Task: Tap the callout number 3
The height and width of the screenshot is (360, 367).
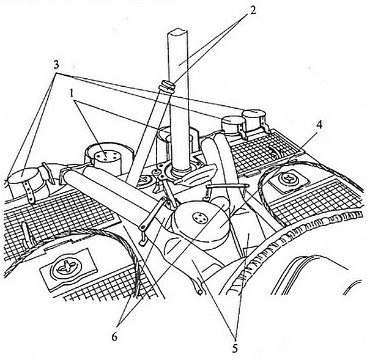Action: tap(56, 65)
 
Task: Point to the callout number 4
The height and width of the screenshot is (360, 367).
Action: tap(319, 125)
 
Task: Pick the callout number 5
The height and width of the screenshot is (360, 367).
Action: tap(235, 349)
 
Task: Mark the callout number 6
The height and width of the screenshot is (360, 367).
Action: tap(114, 337)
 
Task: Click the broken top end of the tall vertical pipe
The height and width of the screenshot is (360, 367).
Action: tap(177, 32)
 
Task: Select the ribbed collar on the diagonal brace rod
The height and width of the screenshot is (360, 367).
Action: tap(166, 86)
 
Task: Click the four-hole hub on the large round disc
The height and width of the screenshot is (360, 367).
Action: tap(199, 218)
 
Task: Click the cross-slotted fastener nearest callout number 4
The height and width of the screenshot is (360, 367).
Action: tap(287, 179)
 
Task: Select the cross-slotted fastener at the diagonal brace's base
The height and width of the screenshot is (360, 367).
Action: tap(145, 180)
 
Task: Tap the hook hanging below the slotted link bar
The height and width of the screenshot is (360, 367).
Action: tap(143, 241)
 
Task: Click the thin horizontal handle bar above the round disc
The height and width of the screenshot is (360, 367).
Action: tap(227, 186)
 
